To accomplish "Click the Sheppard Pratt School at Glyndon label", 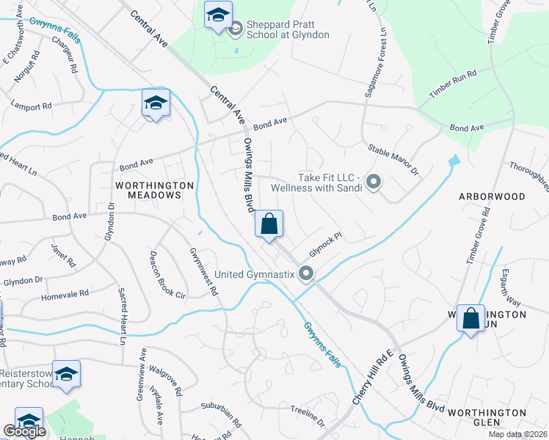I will pos(287,29).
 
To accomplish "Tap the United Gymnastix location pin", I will pos(307,274).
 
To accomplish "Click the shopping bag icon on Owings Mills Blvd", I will pos(269,224).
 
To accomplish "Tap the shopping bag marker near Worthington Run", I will pos(471,318).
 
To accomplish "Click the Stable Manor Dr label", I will pos(393,159).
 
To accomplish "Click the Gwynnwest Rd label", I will pos(204,270).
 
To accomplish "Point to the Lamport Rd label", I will pos(31,105).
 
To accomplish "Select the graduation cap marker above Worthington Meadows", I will pos(156,103).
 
